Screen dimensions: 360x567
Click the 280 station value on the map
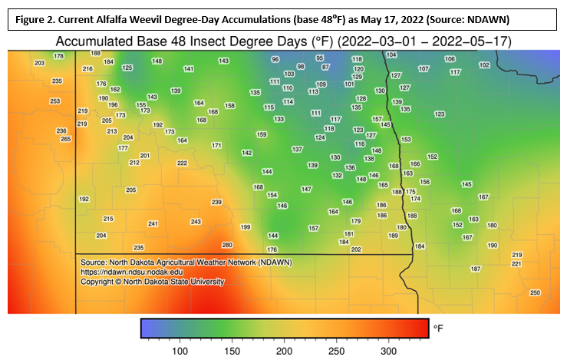pyautogui.click(x=226, y=245)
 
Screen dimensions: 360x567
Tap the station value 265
pyautogui.click(x=66, y=139)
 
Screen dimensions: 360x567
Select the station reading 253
pyautogui.click(x=54, y=101)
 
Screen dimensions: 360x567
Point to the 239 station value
pyautogui.click(x=216, y=202)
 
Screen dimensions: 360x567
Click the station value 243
pyautogui.click(x=196, y=221)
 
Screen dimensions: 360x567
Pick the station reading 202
pyautogui.click(x=356, y=249)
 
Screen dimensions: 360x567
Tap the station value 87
pyautogui.click(x=325, y=67)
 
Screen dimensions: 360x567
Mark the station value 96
pyautogui.click(x=275, y=59)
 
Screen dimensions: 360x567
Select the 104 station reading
pyautogui.click(x=391, y=54)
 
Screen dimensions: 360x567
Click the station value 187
pyautogui.click(x=475, y=269)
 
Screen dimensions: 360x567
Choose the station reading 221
pyautogui.click(x=516, y=263)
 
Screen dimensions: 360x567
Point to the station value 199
pyautogui.click(x=246, y=227)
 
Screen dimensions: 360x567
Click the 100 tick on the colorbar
pyautogui.click(x=180, y=350)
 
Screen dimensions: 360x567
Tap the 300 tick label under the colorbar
pyautogui.click(x=389, y=350)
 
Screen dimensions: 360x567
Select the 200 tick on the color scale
pyautogui.click(x=285, y=350)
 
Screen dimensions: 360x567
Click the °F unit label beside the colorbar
pyautogui.click(x=438, y=328)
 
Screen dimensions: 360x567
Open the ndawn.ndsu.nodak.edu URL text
pyautogui.click(x=132, y=272)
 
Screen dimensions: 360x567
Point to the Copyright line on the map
pyautogui.click(x=153, y=282)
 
